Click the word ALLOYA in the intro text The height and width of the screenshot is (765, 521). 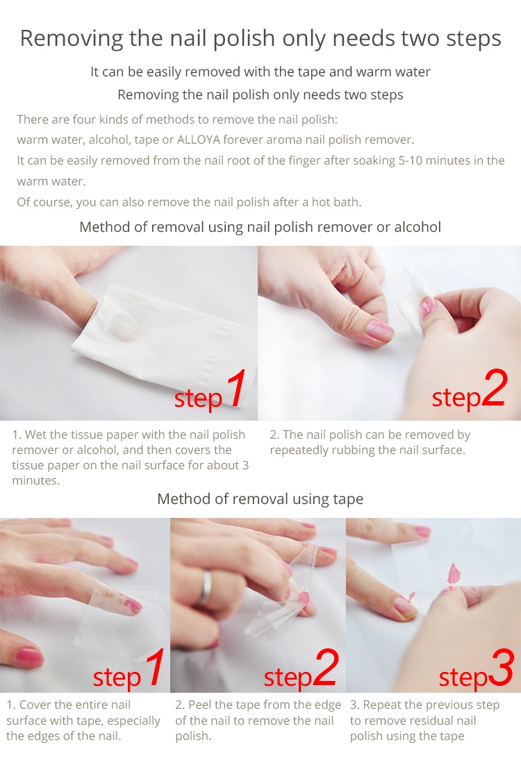[x=198, y=140]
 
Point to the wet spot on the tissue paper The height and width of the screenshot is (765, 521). [x=122, y=326]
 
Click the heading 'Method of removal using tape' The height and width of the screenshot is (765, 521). [x=260, y=499]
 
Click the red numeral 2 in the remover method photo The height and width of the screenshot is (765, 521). [x=495, y=388]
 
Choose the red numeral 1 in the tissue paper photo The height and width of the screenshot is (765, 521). [x=236, y=388]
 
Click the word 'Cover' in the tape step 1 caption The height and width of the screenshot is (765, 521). [x=34, y=705]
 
